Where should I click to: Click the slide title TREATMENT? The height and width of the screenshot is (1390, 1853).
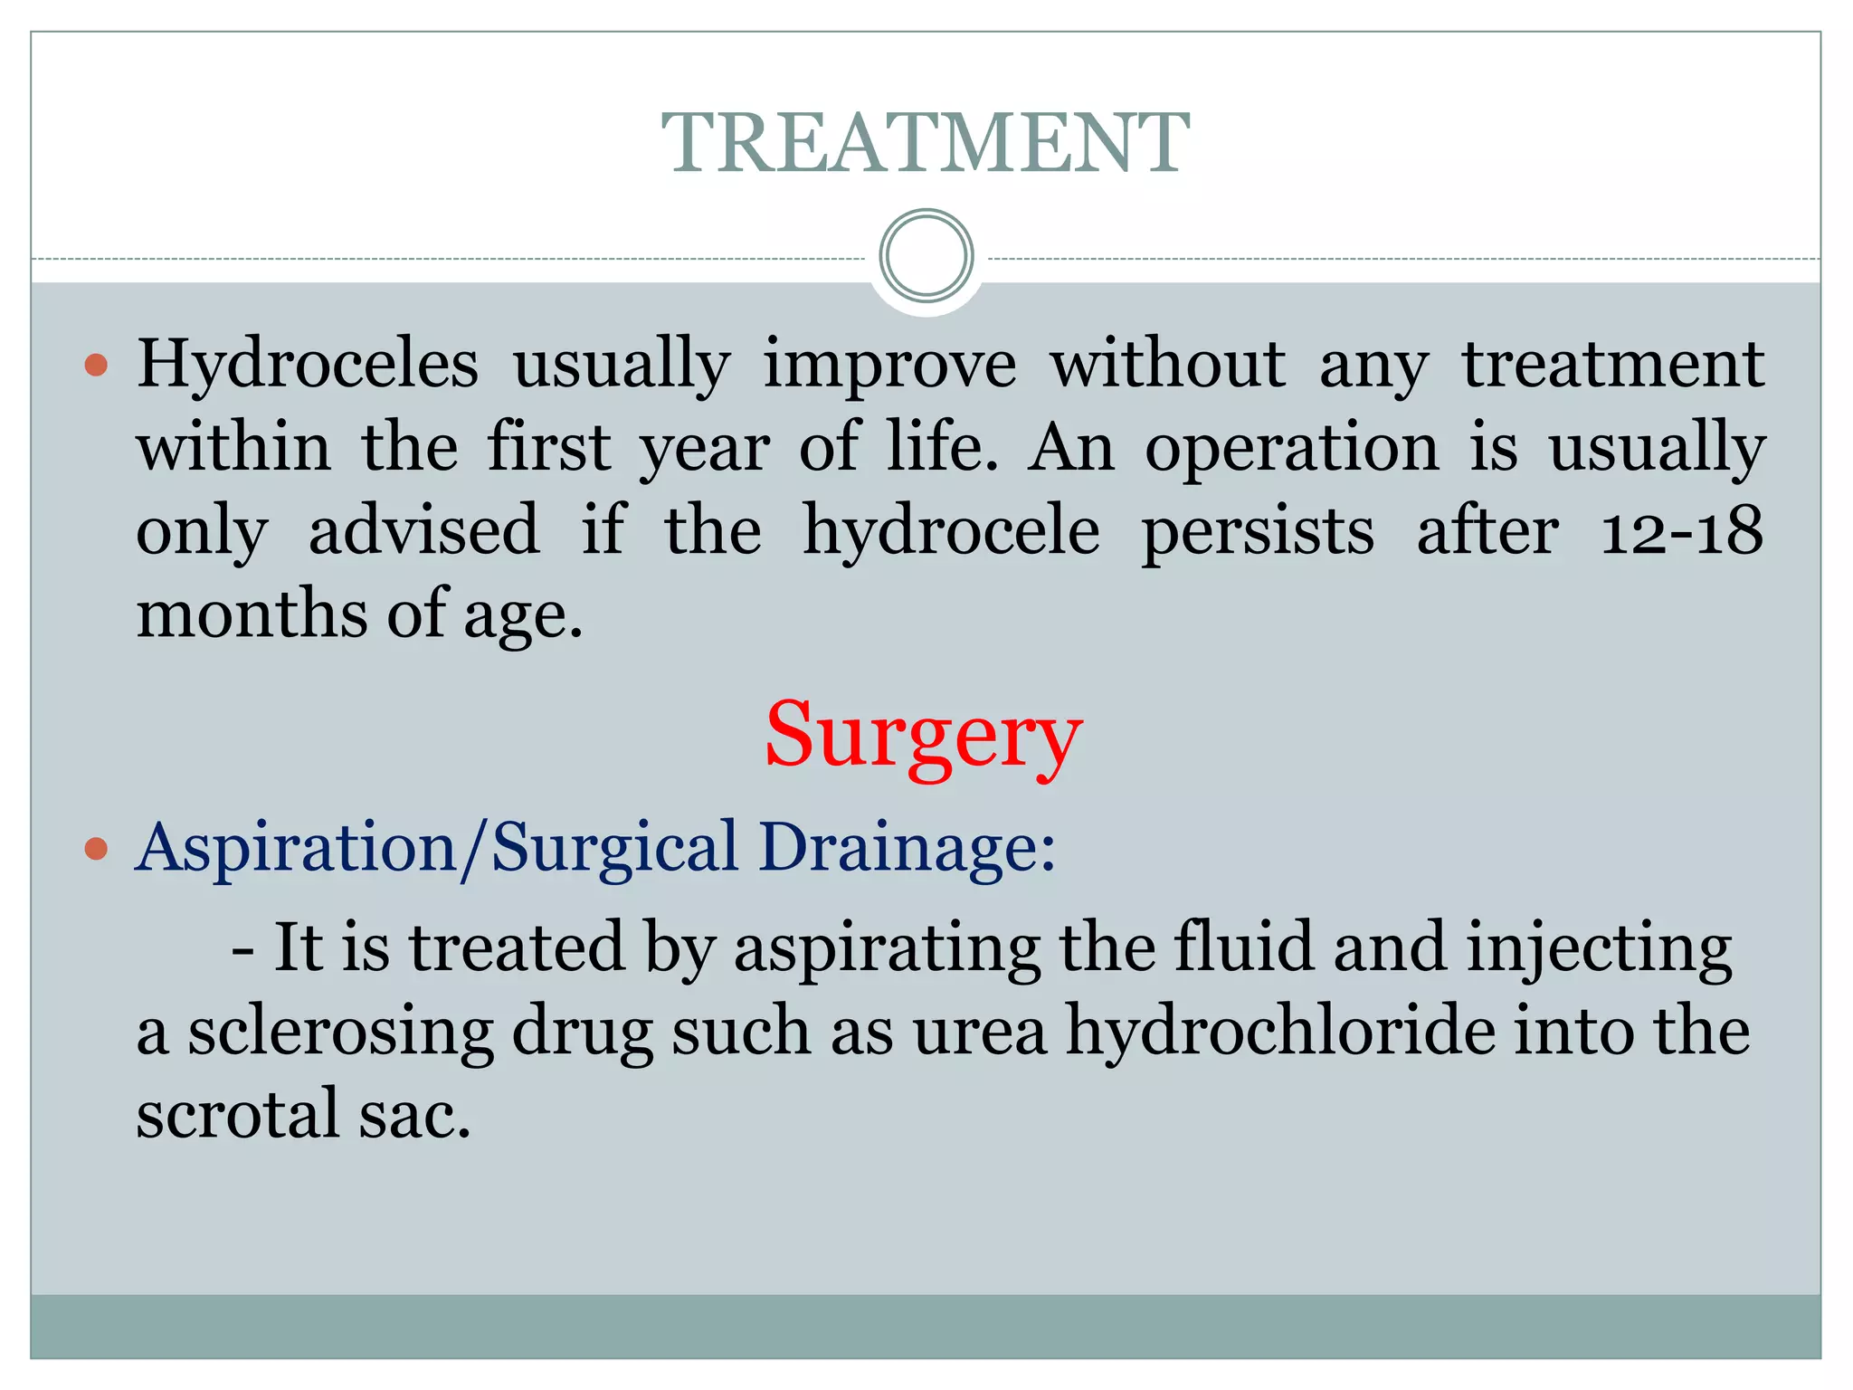click(x=925, y=143)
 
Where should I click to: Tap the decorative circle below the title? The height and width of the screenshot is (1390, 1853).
click(x=926, y=256)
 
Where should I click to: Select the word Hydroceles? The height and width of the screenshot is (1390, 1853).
click(x=308, y=365)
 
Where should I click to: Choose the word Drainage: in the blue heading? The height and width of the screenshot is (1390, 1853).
click(x=907, y=848)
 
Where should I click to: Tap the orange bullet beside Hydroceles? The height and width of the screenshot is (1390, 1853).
click(x=96, y=366)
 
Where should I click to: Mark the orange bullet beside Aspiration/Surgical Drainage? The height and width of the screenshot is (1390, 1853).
click(x=96, y=849)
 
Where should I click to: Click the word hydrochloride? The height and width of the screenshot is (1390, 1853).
click(x=1281, y=1032)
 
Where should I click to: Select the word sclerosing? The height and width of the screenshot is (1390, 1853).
click(x=340, y=1032)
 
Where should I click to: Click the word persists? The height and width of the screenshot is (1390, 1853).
click(x=1258, y=531)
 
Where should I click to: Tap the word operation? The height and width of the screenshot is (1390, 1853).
click(x=1292, y=448)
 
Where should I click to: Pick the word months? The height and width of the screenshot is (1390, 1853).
click(x=252, y=614)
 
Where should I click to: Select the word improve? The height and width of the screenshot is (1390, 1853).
click(x=890, y=365)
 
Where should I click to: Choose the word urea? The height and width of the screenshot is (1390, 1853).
click(x=980, y=1032)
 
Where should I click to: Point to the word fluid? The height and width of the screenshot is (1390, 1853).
click(x=1243, y=947)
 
